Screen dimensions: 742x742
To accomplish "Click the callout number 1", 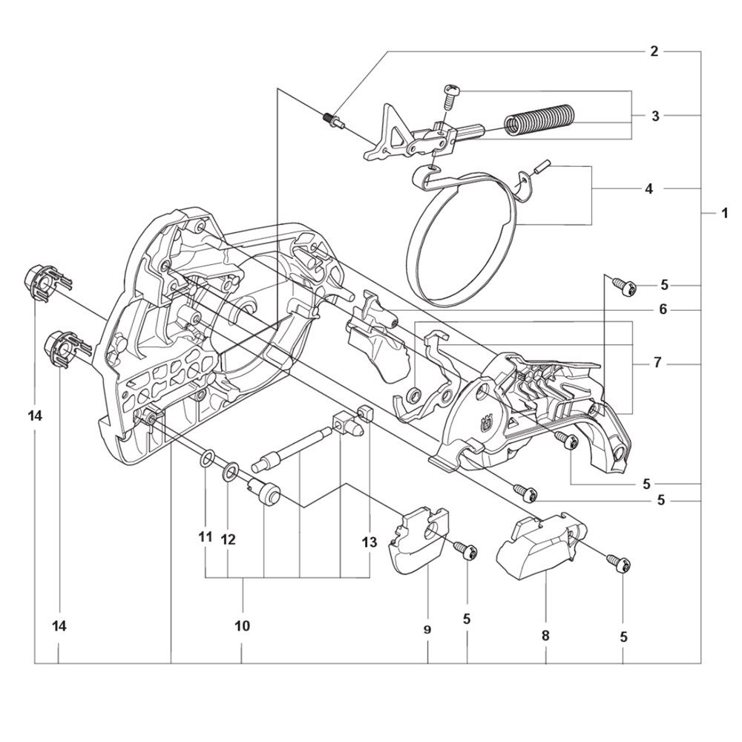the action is tap(724, 214).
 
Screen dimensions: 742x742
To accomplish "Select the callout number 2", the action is tap(654, 51).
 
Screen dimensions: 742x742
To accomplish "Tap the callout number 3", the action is tap(655, 116).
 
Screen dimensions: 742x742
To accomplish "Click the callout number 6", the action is tap(663, 309).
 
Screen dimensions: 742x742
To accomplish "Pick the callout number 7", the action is tap(657, 363).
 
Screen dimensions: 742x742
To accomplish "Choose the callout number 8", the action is tap(545, 636).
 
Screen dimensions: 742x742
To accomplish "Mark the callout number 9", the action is tap(427, 630).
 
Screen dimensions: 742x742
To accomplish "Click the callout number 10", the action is tap(242, 626).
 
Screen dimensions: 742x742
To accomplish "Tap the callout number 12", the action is tap(228, 539).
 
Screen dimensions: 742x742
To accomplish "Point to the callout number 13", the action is tap(369, 542).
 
